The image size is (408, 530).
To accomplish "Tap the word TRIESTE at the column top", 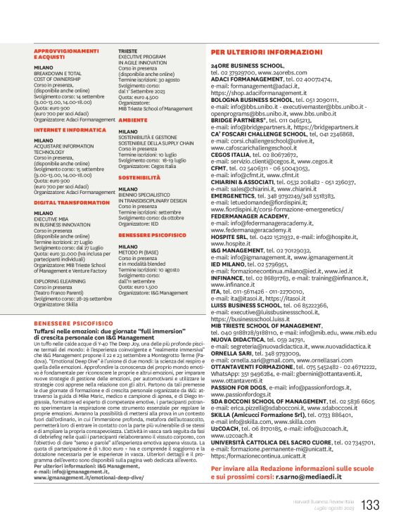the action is pos(128,51).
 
